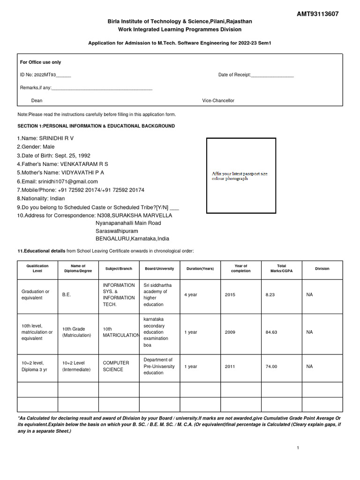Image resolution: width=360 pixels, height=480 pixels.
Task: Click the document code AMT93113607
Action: coord(317,14)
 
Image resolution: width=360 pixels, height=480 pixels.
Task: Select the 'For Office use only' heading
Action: coord(40,62)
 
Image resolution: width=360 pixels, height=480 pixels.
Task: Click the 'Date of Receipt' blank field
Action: coord(272,75)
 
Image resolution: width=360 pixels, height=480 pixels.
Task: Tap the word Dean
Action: coord(37,101)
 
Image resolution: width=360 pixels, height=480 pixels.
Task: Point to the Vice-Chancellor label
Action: coord(218,101)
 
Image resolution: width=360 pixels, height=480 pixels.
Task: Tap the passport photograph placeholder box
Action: coord(241,176)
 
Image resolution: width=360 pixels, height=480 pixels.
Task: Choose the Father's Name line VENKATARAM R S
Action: coord(62,164)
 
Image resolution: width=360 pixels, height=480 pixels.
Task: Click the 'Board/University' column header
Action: coord(159,269)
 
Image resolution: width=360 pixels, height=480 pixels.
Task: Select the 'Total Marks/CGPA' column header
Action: coord(281,269)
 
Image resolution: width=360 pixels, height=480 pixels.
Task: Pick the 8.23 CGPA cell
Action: coord(270,295)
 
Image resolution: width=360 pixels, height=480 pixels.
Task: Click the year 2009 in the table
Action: coord(230,332)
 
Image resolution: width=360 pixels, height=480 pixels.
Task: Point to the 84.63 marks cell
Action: coord(271,332)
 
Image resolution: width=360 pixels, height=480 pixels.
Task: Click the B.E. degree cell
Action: coord(67,295)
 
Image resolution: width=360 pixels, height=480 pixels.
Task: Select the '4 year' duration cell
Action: coord(191,295)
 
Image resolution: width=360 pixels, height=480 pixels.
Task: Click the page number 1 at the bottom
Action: coord(298,448)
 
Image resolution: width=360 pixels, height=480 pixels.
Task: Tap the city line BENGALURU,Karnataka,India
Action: coord(132,239)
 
